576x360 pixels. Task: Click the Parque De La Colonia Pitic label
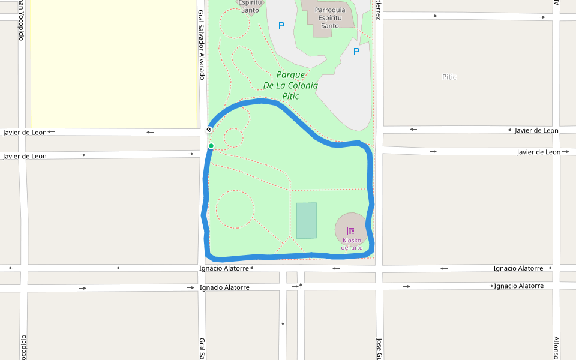click(290, 85)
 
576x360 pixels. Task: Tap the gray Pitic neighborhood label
click(449, 77)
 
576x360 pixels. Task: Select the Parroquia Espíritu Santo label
click(330, 17)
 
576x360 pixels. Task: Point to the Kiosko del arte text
click(352, 244)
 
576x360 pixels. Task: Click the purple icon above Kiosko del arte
click(351, 231)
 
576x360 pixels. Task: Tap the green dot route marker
click(211, 146)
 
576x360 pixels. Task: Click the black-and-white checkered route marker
click(209, 130)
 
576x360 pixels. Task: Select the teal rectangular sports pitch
click(306, 220)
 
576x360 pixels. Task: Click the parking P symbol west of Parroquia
click(281, 26)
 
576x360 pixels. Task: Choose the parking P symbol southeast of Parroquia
click(356, 52)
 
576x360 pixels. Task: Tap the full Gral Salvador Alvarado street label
click(202, 44)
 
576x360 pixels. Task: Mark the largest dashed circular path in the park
click(235, 209)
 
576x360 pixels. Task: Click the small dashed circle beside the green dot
click(233, 137)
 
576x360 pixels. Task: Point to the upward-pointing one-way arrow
click(301, 286)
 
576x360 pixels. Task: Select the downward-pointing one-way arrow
click(283, 322)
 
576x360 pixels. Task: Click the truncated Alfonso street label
click(556, 347)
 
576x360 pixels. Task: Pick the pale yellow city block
click(114, 63)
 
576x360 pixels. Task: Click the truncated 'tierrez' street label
click(379, 10)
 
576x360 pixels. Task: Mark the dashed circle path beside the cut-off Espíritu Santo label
click(235, 23)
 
